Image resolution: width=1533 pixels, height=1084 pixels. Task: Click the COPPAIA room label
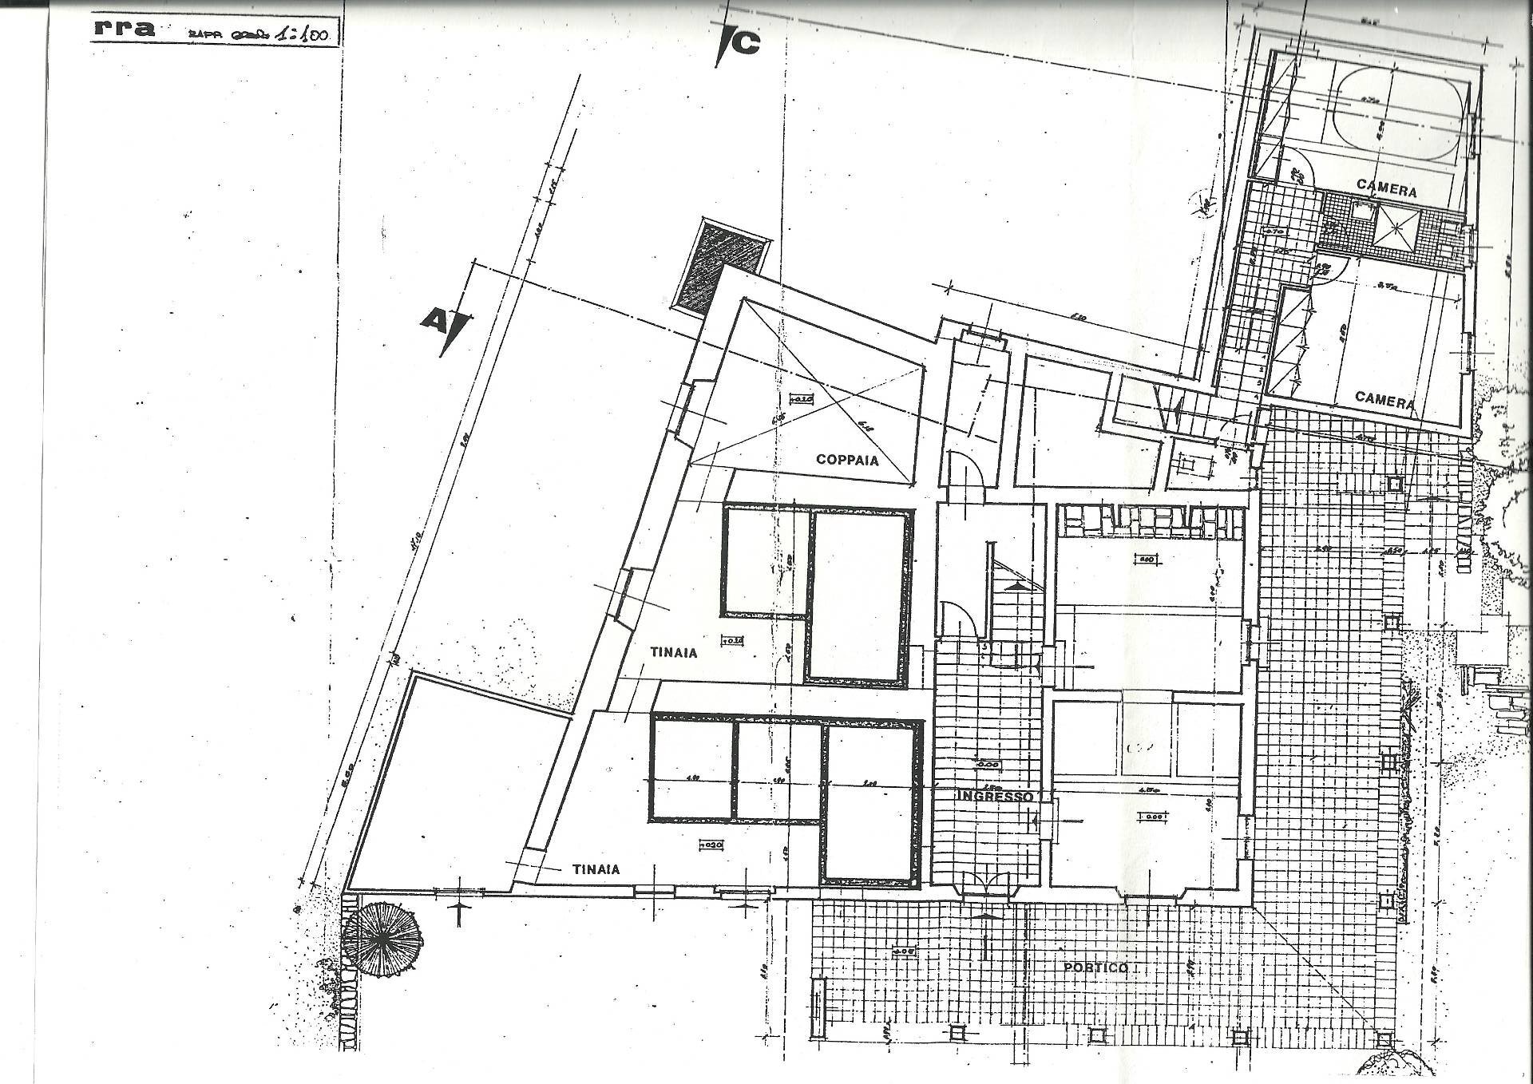846,460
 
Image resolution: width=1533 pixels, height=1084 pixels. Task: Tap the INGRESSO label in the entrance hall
995,797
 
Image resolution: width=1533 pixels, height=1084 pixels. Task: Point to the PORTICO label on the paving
1095,968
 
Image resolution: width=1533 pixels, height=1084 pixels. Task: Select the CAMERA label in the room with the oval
1386,190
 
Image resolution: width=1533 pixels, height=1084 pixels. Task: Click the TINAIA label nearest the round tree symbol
596,869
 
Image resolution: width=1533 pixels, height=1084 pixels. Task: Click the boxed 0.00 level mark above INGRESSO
988,764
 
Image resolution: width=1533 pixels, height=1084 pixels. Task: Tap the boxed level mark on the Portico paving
904,951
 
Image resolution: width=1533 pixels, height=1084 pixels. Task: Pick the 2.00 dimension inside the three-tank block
868,785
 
